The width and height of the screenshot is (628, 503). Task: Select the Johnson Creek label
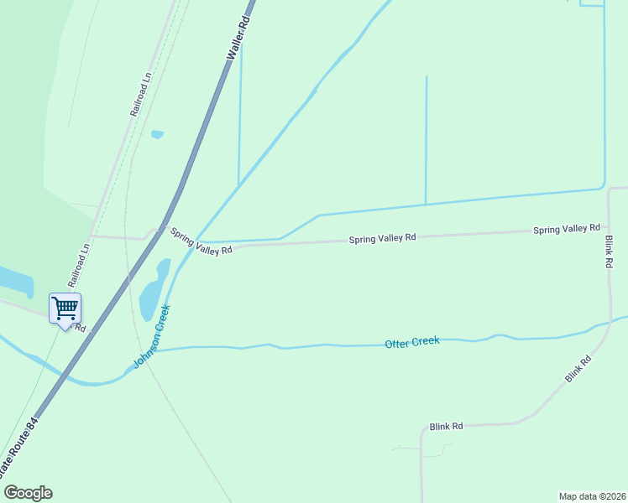point(152,337)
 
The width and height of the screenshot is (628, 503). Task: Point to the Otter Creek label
point(411,342)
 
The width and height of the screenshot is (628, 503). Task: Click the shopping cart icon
point(65,309)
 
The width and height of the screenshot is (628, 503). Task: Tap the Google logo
point(28,492)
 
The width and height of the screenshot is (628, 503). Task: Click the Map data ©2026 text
point(592,495)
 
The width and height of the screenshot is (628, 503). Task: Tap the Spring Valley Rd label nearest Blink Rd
point(567,229)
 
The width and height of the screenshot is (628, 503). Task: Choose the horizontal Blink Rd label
point(446,427)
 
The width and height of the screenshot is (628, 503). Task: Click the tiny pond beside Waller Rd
point(157,134)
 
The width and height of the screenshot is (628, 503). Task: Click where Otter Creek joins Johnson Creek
point(155,350)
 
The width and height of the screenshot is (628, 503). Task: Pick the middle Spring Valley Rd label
point(382,238)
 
